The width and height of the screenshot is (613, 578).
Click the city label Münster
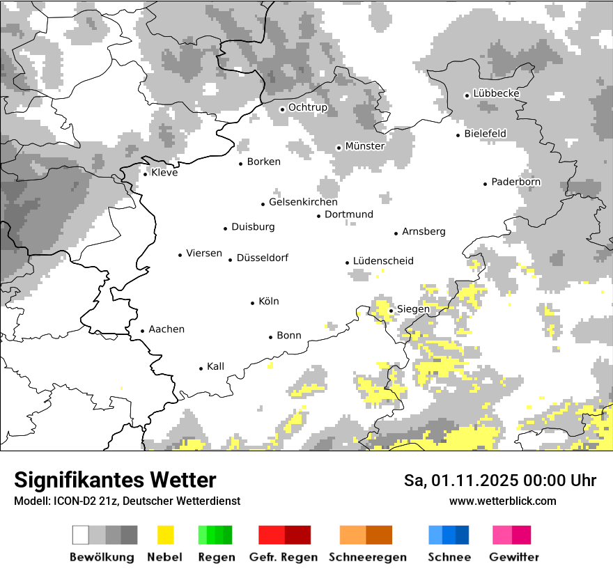coord(364,146)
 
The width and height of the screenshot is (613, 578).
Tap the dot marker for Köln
coord(253,303)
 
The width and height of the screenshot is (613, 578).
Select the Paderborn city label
coord(515,182)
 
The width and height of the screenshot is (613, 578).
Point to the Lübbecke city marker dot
coord(467,95)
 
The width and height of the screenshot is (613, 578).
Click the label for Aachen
coord(166,329)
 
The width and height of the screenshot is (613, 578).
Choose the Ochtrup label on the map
coord(307,107)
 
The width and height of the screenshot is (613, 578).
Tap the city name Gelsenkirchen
coord(303,202)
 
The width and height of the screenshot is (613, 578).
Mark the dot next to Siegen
coord(391,311)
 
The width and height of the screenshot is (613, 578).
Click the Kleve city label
coord(164,173)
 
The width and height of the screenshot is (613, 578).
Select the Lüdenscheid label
coord(383,261)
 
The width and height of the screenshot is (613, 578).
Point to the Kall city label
coord(215,366)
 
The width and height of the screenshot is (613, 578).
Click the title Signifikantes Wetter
coord(115,480)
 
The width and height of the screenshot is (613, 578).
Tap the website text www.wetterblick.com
coord(502,501)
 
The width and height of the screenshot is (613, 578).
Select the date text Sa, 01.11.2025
coord(459,481)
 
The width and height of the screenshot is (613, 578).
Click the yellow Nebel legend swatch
coord(165,535)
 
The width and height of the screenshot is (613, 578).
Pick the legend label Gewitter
coord(514,557)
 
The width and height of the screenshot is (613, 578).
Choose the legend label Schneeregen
coord(367,557)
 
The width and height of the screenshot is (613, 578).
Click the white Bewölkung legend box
coord(81,535)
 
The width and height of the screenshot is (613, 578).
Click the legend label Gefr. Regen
coord(284,557)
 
